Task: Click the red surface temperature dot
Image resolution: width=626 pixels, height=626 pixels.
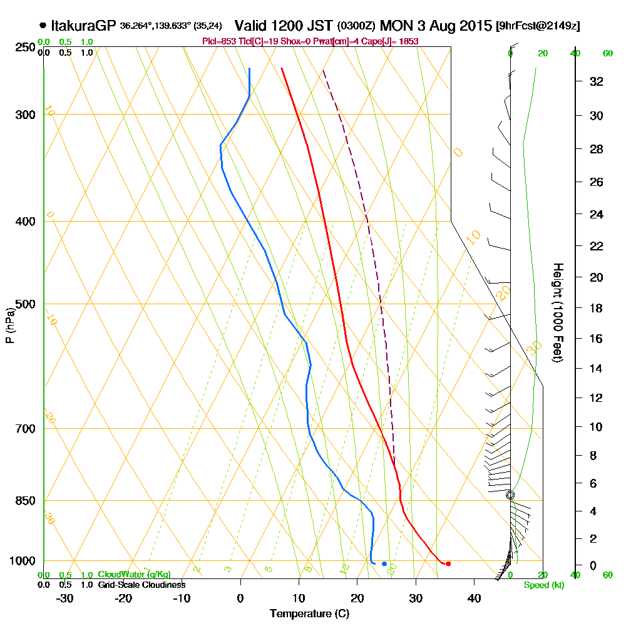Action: (x=448, y=563)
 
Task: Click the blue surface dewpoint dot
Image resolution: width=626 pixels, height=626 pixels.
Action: (x=384, y=563)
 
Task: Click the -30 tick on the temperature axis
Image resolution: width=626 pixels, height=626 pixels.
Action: (x=65, y=597)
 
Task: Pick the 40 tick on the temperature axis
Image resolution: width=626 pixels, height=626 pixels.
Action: (x=474, y=597)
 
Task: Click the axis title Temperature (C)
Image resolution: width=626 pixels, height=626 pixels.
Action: (x=309, y=613)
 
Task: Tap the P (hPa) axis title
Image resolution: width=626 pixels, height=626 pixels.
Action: (x=9, y=326)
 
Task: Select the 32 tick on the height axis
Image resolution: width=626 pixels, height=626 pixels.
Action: (x=597, y=81)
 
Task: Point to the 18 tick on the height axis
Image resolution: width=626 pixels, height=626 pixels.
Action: (x=597, y=308)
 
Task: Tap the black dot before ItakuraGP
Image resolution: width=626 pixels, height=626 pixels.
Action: (x=42, y=26)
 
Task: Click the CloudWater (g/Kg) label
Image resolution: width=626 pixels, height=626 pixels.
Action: (x=134, y=574)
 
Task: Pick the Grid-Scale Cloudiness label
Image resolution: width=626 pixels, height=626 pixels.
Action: (x=141, y=585)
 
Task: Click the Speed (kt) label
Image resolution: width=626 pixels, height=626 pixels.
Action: (x=542, y=586)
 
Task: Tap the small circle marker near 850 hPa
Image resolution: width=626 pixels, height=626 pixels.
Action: (x=510, y=495)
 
